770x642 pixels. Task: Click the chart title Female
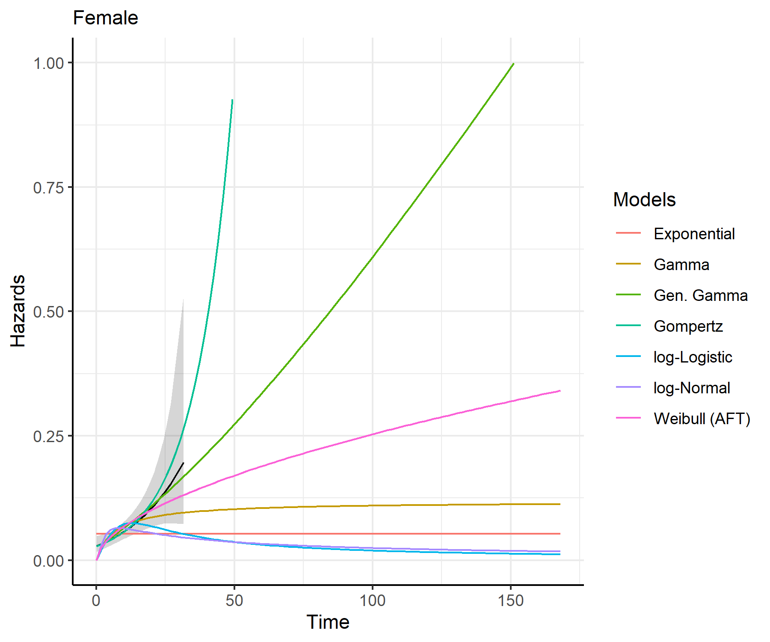(105, 18)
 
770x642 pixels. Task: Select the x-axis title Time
(328, 622)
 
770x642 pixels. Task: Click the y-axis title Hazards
(18, 311)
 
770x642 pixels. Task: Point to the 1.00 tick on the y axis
(48, 63)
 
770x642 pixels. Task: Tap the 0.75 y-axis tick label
(48, 187)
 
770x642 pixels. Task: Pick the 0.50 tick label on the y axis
(48, 312)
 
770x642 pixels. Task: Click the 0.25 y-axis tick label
(48, 436)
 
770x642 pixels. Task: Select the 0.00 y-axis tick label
(48, 560)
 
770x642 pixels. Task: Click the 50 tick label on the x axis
(234, 600)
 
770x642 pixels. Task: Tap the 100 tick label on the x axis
(372, 600)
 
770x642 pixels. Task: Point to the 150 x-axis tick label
(510, 600)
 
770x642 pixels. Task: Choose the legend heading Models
(644, 199)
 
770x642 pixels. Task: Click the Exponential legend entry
(694, 234)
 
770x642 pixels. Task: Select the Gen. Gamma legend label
(700, 295)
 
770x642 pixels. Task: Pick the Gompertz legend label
(688, 326)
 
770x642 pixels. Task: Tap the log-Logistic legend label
(693, 357)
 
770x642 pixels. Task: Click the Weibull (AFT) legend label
(702, 419)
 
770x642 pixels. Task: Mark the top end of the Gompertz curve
(232, 100)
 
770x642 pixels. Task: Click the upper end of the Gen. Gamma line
(513, 63)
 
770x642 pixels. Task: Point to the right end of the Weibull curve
(560, 391)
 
